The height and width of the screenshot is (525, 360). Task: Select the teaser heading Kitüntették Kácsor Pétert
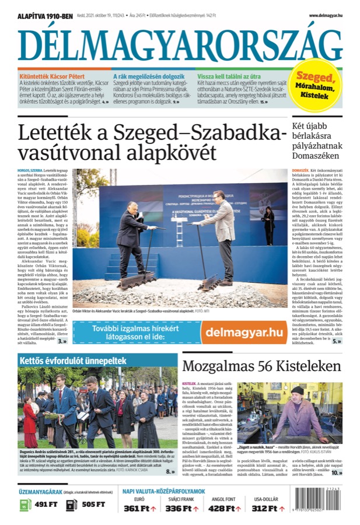tap(52, 76)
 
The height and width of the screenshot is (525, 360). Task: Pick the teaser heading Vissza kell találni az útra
tap(229, 76)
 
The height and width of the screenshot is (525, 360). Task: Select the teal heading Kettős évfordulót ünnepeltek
tap(65, 360)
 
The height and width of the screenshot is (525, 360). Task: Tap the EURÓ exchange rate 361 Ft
tap(140, 508)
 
